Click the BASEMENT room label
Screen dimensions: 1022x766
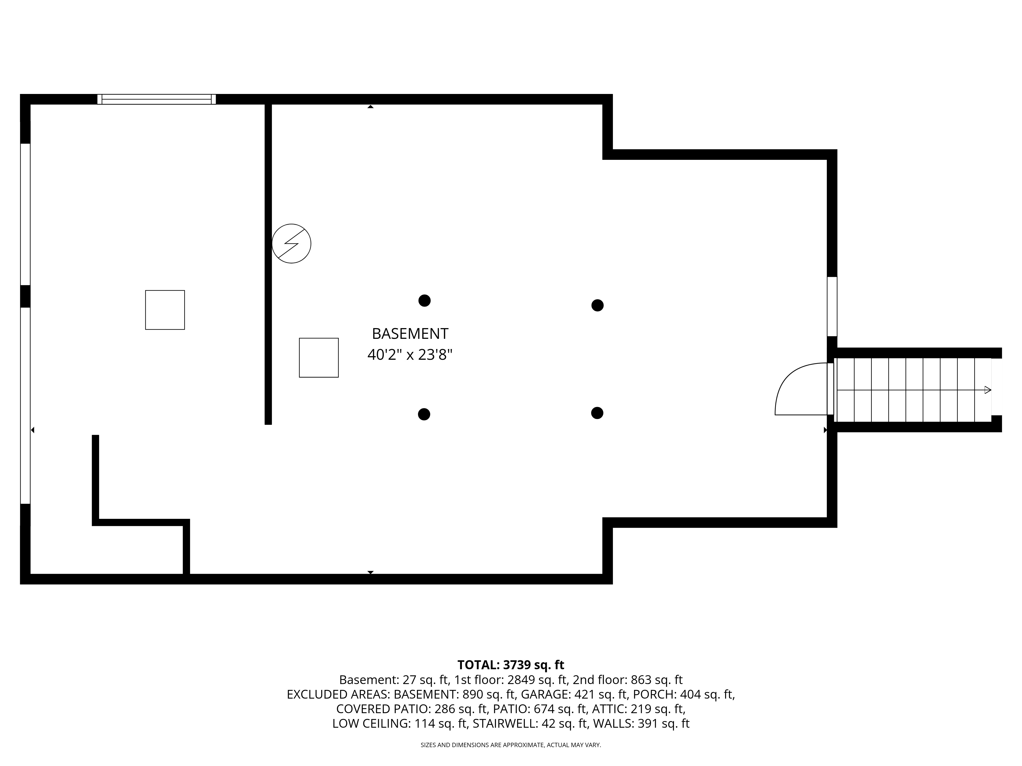pos(410,333)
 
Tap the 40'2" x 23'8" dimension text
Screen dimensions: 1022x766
pos(410,355)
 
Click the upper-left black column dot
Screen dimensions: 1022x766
pos(424,301)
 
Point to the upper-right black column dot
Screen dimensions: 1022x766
pos(597,305)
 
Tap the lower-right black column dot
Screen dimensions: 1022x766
pos(597,413)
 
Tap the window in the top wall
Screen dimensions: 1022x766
pos(157,99)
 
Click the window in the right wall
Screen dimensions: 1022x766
pos(832,307)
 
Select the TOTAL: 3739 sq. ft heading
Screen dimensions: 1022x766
pos(510,665)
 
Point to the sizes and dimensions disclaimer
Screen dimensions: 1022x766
pos(510,745)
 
